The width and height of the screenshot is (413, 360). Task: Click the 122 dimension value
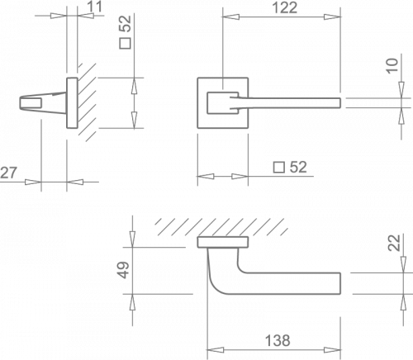[x=285, y=7]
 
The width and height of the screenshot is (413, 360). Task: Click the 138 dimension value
[x=278, y=340]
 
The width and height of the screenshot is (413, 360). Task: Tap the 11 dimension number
[x=95, y=7]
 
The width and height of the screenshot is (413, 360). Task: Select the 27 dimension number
[x=8, y=173]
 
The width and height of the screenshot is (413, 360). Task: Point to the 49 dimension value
[x=124, y=270]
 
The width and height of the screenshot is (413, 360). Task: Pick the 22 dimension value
[x=394, y=243]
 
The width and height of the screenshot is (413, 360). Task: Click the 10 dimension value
[x=392, y=66]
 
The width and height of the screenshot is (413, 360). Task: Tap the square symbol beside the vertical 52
[x=125, y=43]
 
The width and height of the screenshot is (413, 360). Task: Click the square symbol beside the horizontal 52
[x=279, y=168]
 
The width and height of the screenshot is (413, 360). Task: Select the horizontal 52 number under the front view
[x=298, y=167]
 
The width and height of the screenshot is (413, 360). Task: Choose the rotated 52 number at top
[x=125, y=24]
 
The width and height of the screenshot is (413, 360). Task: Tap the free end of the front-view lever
[x=340, y=102]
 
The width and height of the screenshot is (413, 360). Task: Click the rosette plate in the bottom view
[x=223, y=242]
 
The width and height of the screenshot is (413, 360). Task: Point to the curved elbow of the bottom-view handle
[x=216, y=287]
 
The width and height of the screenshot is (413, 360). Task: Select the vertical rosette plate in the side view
[x=72, y=102]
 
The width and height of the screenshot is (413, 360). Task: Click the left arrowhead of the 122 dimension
[x=230, y=17]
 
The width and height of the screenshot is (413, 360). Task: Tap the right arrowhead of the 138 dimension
[x=333, y=350]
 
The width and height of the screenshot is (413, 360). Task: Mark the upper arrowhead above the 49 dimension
[x=133, y=239]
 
